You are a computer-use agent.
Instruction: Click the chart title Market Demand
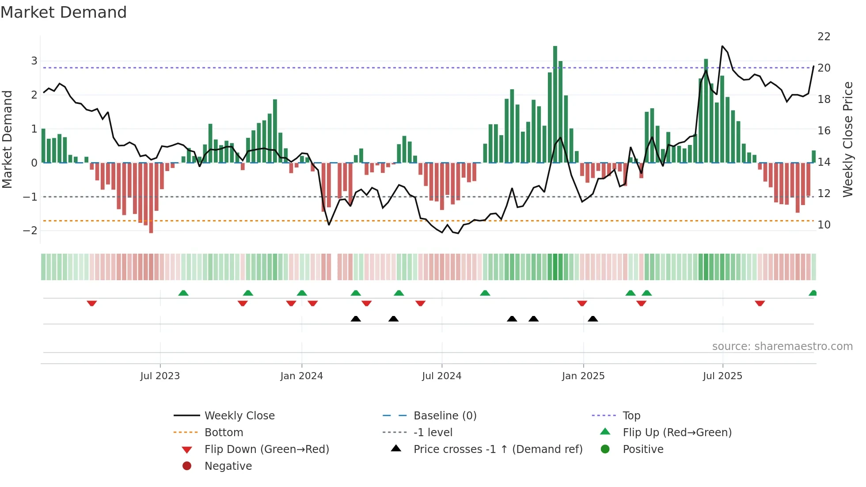(64, 12)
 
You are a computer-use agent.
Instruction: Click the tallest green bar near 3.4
(555, 104)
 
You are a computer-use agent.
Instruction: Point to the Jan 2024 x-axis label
(301, 376)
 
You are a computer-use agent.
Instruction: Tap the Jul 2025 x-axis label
(722, 376)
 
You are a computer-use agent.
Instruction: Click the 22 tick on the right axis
(824, 37)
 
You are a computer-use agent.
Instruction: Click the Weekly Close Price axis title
(847, 139)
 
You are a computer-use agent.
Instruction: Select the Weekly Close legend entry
(239, 416)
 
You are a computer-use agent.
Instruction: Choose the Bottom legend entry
(224, 433)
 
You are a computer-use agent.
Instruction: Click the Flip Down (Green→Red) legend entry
(266, 449)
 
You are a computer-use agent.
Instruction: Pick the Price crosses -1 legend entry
(498, 449)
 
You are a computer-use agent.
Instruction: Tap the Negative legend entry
(228, 466)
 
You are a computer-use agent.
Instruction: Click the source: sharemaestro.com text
(782, 346)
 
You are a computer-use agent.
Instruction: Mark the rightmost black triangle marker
(593, 319)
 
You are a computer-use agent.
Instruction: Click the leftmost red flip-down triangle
(92, 303)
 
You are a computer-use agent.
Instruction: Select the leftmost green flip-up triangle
(183, 293)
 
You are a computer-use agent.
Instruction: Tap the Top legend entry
(631, 416)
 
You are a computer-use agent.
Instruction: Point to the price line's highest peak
(722, 46)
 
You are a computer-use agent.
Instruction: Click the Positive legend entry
(642, 449)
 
